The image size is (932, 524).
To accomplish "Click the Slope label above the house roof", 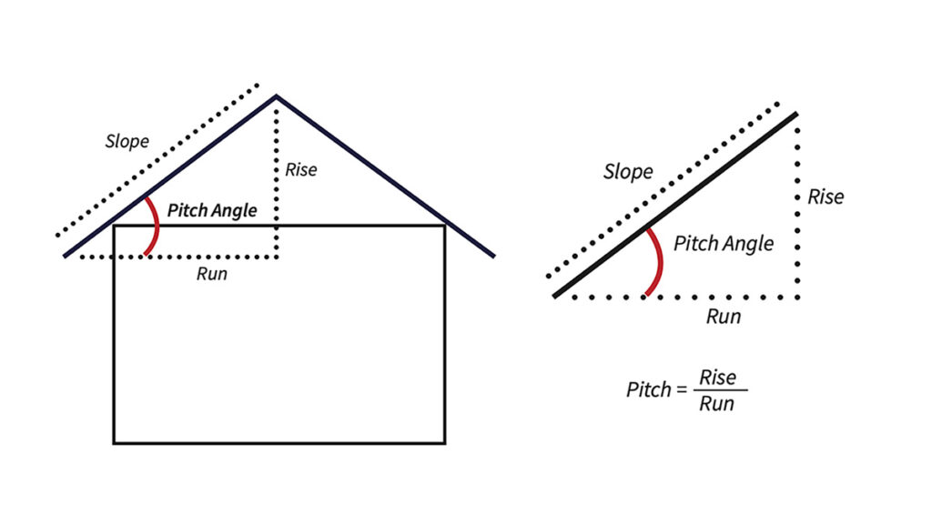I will (x=127, y=142).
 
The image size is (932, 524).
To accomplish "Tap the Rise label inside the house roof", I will (x=301, y=169).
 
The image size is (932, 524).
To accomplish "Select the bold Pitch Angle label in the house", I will (x=212, y=210).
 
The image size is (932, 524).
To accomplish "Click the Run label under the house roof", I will (x=211, y=274).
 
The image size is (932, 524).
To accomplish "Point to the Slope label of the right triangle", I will (x=628, y=172).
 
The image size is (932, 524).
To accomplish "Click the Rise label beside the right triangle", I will (x=826, y=196).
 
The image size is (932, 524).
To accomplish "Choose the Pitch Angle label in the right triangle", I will (x=724, y=244).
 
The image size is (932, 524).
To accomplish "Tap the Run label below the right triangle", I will (x=724, y=317).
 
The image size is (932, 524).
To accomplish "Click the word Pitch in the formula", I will (x=648, y=389).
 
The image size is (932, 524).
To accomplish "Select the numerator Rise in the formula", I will (x=717, y=378).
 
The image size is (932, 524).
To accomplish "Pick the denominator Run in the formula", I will (x=716, y=403).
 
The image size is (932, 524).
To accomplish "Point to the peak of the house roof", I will (x=277, y=96).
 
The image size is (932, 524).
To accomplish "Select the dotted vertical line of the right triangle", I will (x=798, y=237).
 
